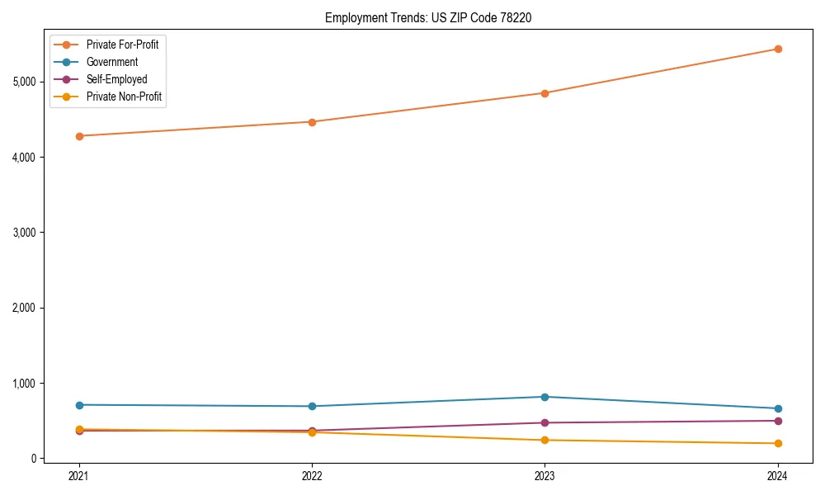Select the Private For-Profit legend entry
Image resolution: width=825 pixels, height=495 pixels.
point(122,45)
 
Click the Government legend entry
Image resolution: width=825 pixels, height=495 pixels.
point(111,62)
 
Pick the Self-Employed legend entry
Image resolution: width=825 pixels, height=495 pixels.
point(116,79)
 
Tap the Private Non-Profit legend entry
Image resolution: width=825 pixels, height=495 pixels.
point(124,97)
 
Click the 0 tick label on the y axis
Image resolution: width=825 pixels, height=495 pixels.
point(34,459)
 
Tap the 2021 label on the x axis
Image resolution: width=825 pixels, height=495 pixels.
point(79,476)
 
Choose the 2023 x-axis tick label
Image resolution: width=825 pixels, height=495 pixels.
point(544,476)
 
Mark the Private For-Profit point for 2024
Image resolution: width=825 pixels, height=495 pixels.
point(778,49)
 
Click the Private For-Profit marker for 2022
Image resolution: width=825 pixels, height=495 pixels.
point(312,122)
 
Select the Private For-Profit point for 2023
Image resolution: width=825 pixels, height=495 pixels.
point(544,93)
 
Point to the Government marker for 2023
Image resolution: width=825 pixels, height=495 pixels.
point(544,397)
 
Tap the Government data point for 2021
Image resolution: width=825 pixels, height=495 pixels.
point(79,405)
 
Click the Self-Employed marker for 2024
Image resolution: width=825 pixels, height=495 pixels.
point(778,421)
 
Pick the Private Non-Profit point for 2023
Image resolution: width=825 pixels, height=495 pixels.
point(544,440)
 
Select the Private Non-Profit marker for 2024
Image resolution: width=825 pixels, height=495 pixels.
point(778,444)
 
